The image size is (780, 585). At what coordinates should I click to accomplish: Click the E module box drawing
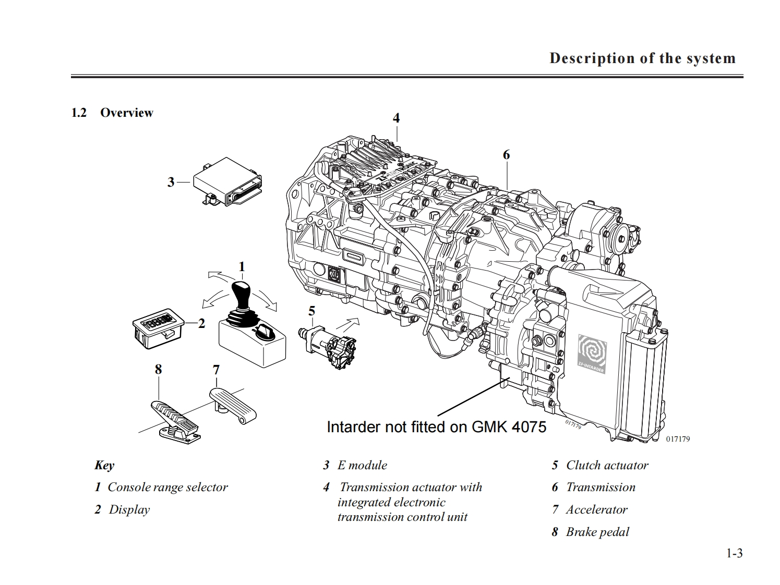228,181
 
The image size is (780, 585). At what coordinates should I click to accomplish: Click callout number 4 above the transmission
396,118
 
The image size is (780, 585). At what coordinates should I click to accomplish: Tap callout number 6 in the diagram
506,155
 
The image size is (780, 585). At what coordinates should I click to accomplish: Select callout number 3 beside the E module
171,182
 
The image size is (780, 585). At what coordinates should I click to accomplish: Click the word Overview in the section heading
126,113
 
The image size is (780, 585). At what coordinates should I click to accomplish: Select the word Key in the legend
104,466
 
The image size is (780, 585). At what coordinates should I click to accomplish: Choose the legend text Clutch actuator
607,465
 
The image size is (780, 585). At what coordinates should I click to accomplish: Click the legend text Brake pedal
597,532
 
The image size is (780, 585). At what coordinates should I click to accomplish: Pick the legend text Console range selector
167,487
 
